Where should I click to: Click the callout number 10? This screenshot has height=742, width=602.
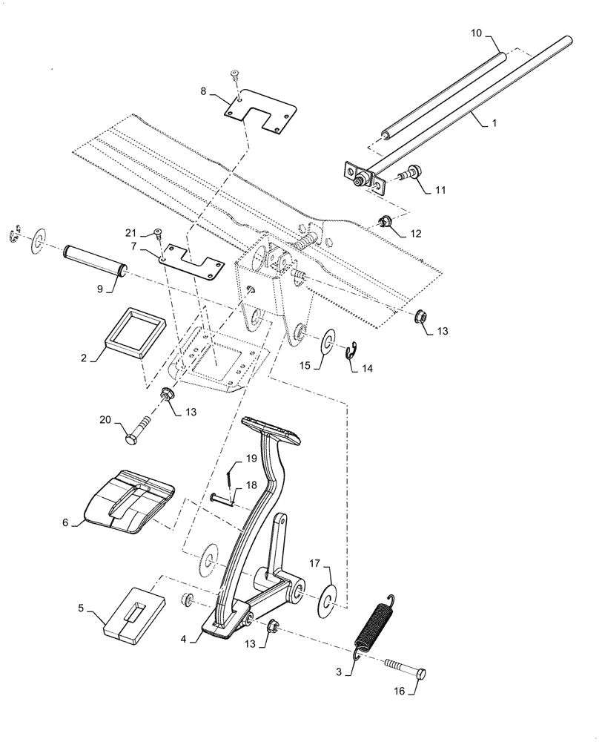pos(475,33)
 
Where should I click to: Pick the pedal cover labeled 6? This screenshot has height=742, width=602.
pos(130,501)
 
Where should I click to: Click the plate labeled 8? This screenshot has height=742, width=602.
pos(259,111)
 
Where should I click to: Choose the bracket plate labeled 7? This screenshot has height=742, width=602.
pos(191,259)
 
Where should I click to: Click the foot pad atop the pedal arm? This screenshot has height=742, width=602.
pos(270,428)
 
